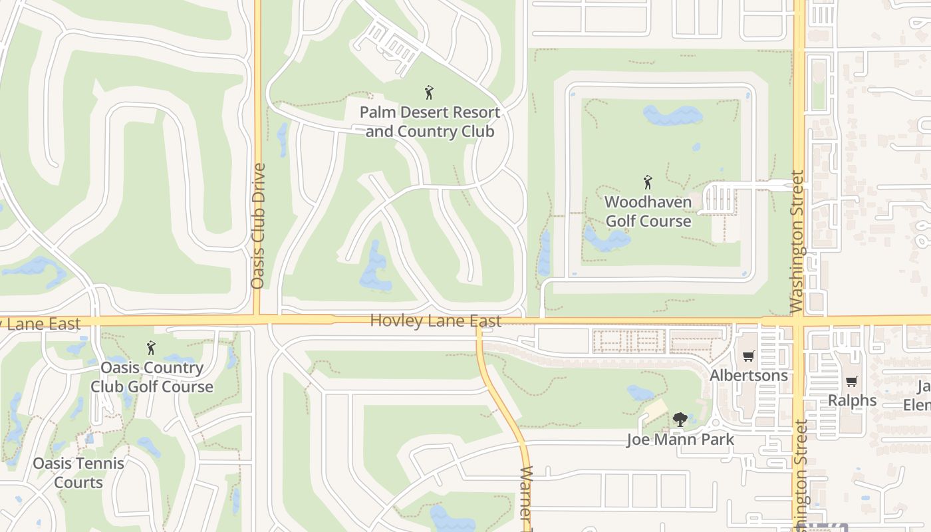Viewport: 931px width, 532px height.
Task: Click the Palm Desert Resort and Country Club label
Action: pyautogui.click(x=430, y=122)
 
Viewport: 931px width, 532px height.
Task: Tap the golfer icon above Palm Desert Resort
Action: pyautogui.click(x=429, y=92)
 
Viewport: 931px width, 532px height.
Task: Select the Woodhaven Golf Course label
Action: pyautogui.click(x=648, y=211)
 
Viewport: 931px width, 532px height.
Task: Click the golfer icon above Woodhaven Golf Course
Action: pyautogui.click(x=648, y=182)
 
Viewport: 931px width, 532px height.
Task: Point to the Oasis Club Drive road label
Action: pyautogui.click(x=258, y=226)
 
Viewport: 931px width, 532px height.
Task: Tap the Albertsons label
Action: pyautogui.click(x=748, y=375)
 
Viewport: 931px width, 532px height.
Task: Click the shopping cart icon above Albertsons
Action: pyautogui.click(x=748, y=356)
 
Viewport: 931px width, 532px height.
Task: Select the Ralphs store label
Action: pyautogui.click(x=853, y=400)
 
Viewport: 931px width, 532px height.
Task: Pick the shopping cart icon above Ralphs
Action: pyautogui.click(x=852, y=381)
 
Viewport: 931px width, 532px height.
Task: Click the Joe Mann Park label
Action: pyautogui.click(x=680, y=440)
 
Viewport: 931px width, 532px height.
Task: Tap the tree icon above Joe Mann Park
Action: pyautogui.click(x=680, y=420)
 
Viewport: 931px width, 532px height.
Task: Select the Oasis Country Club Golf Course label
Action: pyautogui.click(x=152, y=377)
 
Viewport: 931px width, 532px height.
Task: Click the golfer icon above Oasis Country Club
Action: pyautogui.click(x=151, y=347)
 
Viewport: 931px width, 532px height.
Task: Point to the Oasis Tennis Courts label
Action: pyautogui.click(x=78, y=473)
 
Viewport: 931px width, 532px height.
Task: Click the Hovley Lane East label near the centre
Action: pyautogui.click(x=436, y=321)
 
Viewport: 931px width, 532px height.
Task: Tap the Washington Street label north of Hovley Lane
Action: pyautogui.click(x=798, y=242)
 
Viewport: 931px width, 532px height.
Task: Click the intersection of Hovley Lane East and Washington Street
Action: pyautogui.click(x=799, y=320)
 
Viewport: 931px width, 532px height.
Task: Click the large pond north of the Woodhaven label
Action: pyautogui.click(x=672, y=116)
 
